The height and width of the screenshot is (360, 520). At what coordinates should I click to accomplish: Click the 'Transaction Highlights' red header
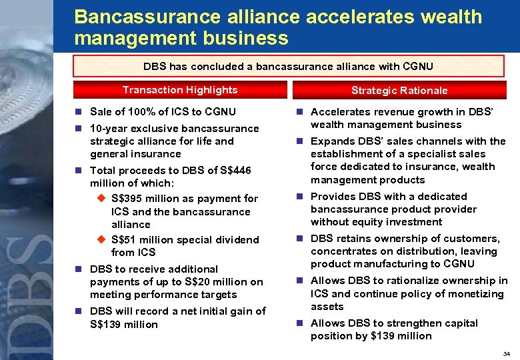179,90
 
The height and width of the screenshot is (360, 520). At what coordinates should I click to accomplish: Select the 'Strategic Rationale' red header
399,90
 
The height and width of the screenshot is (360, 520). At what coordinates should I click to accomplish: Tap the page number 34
507,353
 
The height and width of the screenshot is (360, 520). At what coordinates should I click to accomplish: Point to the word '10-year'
111,128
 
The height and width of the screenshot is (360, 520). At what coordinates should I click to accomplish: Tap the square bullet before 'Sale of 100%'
79,112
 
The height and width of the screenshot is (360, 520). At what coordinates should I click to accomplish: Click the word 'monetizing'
476,294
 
